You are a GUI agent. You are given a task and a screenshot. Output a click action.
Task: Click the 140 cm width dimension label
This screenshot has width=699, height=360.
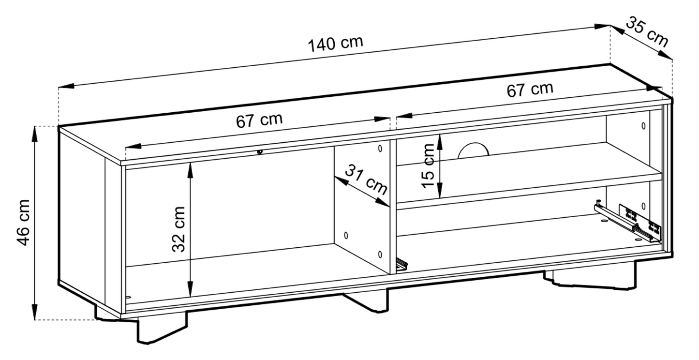[335, 44]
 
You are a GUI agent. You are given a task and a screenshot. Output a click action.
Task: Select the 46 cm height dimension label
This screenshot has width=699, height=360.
[24, 222]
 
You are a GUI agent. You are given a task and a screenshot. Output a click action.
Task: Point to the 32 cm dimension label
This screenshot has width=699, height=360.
[178, 229]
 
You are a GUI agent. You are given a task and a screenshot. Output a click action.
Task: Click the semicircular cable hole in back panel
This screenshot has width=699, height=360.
[473, 150]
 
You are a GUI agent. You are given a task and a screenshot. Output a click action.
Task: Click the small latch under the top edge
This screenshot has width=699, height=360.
[260, 152]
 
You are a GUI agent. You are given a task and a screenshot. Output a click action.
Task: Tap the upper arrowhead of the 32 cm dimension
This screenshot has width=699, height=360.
[191, 167]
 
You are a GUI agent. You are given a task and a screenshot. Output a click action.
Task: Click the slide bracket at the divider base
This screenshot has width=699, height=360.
[402, 263]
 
